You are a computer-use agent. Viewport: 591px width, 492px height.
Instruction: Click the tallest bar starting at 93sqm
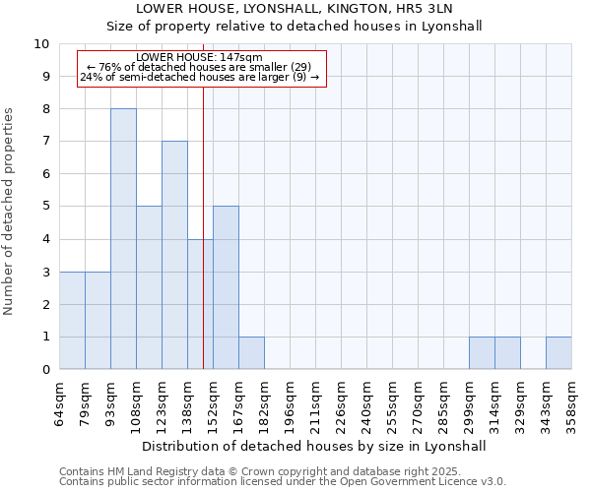(x=123, y=239)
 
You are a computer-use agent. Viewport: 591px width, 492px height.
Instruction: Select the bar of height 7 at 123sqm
(x=174, y=255)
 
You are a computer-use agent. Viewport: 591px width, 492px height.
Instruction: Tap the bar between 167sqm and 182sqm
(x=251, y=352)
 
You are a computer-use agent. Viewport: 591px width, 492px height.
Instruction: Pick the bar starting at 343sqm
(x=558, y=352)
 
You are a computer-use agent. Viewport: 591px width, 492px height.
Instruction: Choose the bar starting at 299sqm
(x=482, y=352)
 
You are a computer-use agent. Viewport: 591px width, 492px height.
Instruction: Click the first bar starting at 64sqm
(x=72, y=320)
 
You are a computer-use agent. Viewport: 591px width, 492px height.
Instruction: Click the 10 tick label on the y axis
(x=41, y=44)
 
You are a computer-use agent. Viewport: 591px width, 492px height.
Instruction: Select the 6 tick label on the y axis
(x=45, y=174)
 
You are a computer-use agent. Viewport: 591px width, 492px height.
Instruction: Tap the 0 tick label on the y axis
(x=45, y=370)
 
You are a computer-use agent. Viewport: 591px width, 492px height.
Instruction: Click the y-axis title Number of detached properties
(x=10, y=213)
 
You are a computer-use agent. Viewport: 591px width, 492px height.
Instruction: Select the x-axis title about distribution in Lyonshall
(x=315, y=446)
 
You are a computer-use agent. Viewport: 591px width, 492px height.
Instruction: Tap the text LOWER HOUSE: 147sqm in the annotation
(x=200, y=58)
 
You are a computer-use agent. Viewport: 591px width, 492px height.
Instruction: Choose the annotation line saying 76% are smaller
(x=200, y=67)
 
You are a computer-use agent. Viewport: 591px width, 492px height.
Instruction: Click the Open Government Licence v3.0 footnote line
(x=283, y=482)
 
